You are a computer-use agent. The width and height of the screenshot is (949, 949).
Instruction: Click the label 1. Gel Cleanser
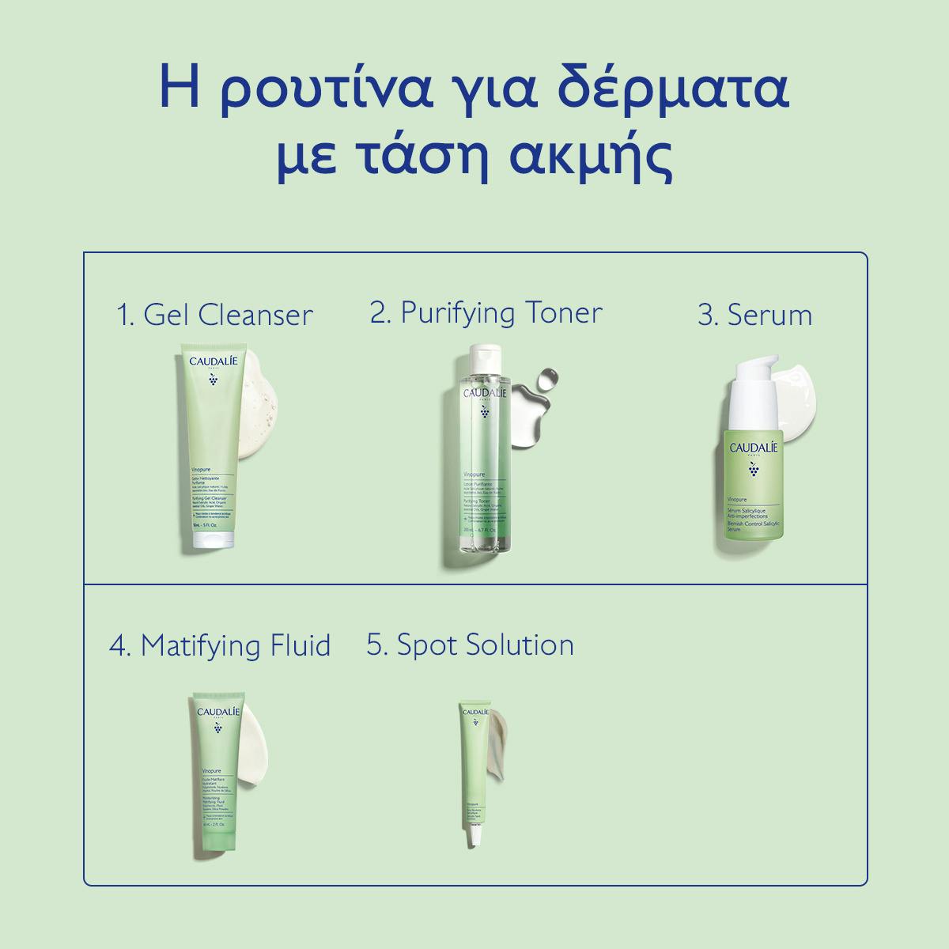[214, 315]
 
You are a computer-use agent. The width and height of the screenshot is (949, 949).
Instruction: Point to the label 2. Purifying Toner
[486, 312]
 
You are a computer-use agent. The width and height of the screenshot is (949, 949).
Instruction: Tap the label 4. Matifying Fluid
[220, 645]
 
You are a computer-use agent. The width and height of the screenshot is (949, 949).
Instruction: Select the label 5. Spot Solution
[470, 645]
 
